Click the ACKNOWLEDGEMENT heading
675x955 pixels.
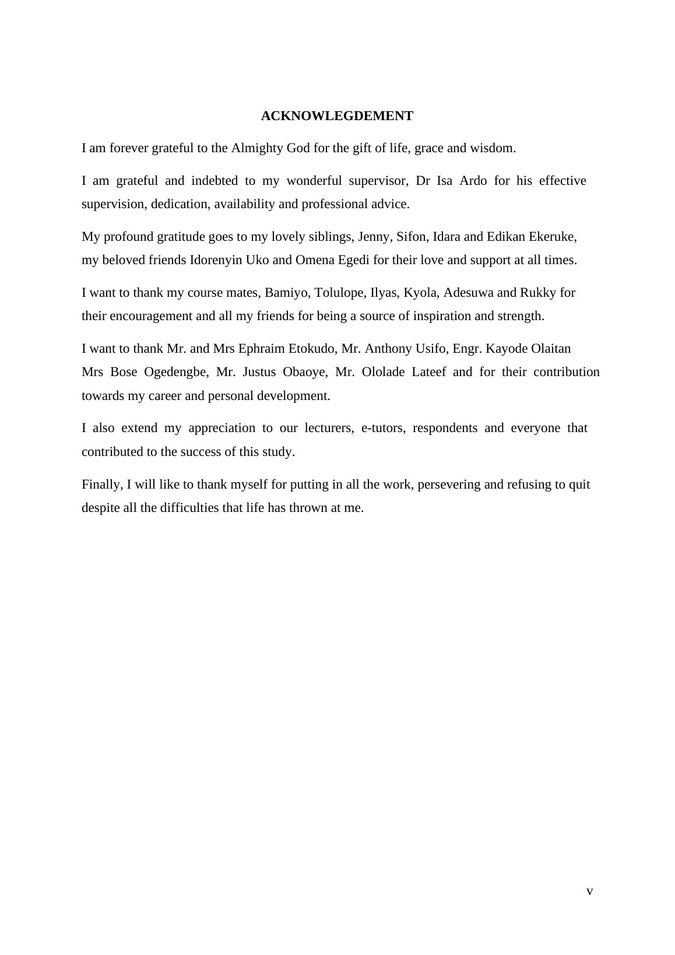pyautogui.click(x=337, y=116)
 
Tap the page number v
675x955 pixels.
pyautogui.click(x=590, y=891)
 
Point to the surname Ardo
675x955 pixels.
pyautogui.click(x=473, y=181)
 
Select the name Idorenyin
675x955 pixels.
pyautogui.click(x=216, y=260)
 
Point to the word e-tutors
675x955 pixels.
pyautogui.click(x=383, y=428)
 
